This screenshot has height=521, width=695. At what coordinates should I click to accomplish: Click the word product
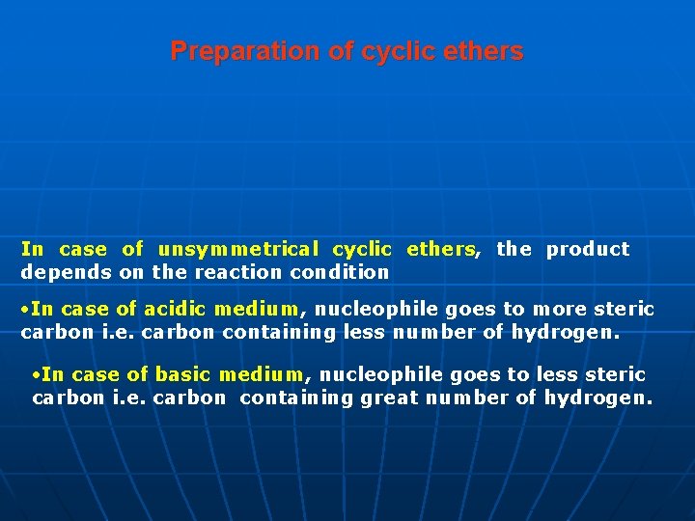point(588,249)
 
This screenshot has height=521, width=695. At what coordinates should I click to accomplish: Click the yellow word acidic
point(175,309)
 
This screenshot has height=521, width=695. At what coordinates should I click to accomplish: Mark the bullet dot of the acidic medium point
point(25,310)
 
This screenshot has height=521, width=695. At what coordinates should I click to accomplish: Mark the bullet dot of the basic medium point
point(36,375)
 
